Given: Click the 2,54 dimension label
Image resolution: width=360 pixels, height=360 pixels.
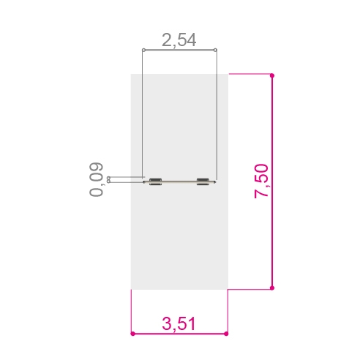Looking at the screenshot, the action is point(179,40).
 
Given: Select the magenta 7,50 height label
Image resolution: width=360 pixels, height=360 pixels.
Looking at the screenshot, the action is point(261,181).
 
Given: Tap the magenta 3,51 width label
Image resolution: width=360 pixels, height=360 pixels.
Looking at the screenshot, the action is point(179,323).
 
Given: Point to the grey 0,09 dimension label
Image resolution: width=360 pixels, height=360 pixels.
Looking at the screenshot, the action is point(96,179).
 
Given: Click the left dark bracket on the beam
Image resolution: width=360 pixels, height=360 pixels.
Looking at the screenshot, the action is point(155,181).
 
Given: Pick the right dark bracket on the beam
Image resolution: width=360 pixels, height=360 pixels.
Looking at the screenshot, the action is point(203,181).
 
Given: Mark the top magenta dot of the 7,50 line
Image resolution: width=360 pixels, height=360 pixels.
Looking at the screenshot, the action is point(272,75).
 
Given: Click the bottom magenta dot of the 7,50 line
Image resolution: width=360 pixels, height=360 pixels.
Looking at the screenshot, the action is point(272,288).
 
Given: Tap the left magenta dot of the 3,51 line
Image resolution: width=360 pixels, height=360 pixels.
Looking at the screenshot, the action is point(132,334).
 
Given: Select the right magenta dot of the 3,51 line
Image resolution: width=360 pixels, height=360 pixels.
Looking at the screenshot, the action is point(226,334).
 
